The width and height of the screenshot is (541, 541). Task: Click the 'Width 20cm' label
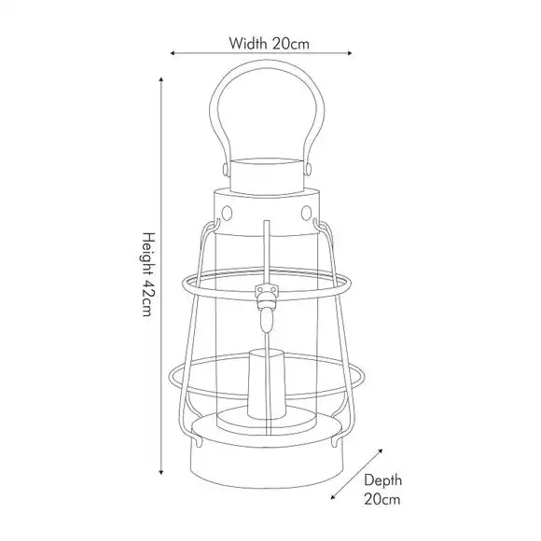click(x=270, y=44)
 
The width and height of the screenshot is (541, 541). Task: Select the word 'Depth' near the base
click(x=383, y=480)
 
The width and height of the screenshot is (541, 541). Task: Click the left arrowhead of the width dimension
click(x=173, y=53)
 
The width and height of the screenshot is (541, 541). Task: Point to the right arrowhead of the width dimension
click(x=349, y=53)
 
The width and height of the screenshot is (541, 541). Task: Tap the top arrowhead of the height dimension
click(x=160, y=80)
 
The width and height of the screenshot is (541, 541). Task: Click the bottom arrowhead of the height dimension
click(x=160, y=472)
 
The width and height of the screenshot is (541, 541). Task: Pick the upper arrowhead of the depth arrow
click(x=381, y=451)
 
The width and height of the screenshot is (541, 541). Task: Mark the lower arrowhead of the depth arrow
click(x=333, y=496)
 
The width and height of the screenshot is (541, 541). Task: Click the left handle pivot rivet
click(x=226, y=170)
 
